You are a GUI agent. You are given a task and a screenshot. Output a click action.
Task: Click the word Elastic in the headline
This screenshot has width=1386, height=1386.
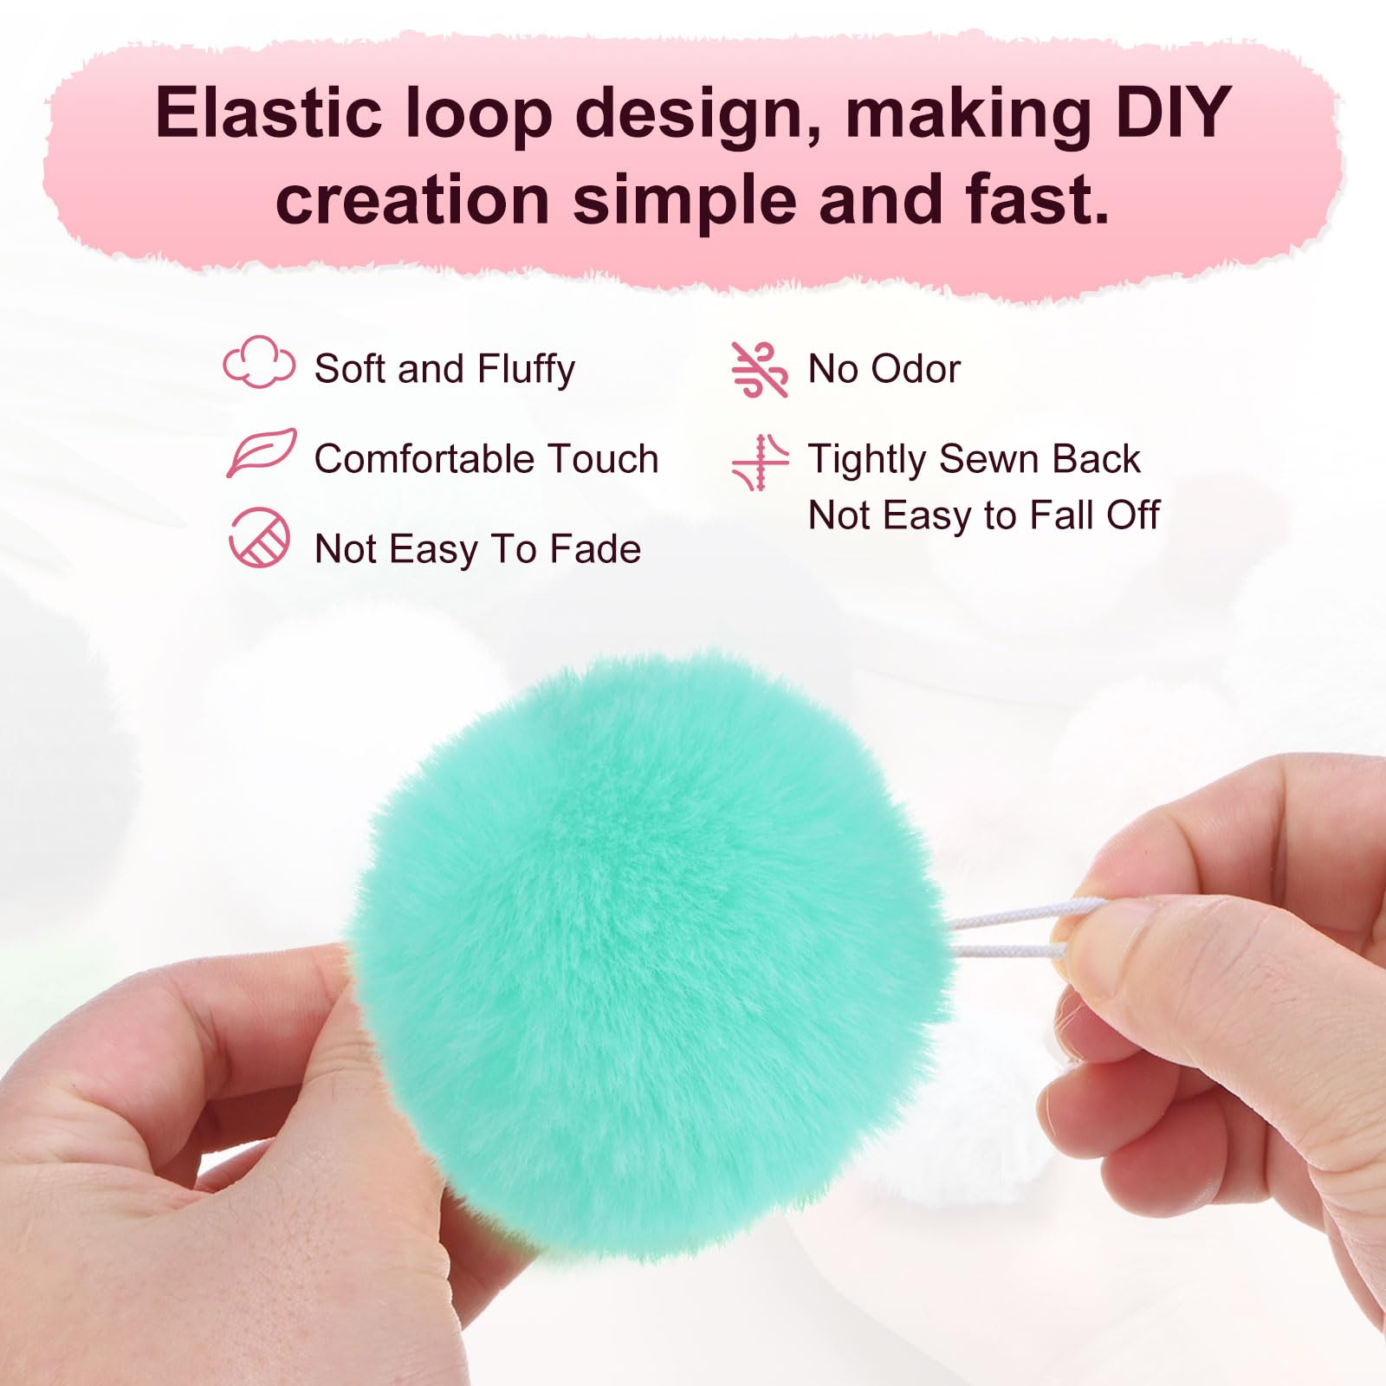(x=269, y=113)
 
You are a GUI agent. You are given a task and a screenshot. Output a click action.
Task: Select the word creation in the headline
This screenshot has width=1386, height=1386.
(x=412, y=199)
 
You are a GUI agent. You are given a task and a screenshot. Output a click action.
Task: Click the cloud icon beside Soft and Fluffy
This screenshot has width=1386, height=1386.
(x=259, y=362)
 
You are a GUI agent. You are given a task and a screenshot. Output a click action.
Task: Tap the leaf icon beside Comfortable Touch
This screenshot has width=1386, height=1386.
(x=261, y=452)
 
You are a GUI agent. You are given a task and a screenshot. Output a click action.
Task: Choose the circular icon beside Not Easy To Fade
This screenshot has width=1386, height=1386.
(x=259, y=538)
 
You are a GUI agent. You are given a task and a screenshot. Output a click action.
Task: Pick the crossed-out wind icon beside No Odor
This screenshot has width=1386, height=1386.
(x=760, y=370)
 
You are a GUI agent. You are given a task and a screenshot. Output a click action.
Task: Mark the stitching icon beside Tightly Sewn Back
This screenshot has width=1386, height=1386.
(x=760, y=463)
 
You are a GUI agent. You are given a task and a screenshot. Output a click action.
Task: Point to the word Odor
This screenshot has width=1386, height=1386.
(x=916, y=369)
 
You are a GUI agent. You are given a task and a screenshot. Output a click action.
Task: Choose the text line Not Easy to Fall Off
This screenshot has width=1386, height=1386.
(x=983, y=515)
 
